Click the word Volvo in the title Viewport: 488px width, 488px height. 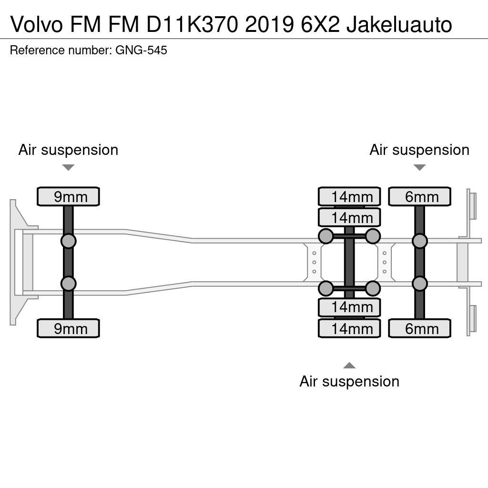36,24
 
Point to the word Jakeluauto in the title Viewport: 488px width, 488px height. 399,24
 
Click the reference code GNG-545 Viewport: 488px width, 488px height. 141,51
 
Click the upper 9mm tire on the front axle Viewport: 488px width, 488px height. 68,196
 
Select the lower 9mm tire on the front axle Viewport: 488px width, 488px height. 68,328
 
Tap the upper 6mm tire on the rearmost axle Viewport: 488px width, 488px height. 419,196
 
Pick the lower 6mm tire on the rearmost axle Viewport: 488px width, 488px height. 419,328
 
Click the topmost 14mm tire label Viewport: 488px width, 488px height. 349,196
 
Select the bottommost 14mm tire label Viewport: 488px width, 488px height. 349,328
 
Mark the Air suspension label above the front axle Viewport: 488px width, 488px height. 68,150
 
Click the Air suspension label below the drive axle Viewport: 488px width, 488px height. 349,381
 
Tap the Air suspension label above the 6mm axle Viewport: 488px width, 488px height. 419,150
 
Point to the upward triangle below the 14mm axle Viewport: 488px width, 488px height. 349,366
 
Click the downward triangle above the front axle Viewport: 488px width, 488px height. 68,167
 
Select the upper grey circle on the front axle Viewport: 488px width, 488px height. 68,241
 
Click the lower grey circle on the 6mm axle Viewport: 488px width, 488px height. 419,284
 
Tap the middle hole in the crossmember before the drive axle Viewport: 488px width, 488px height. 314,263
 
